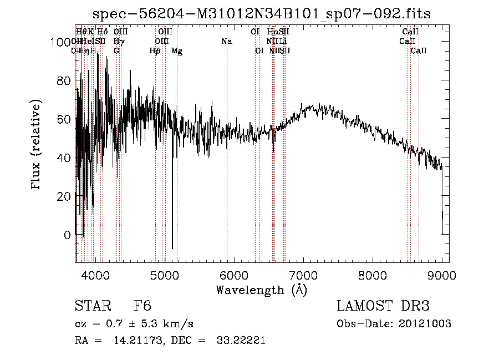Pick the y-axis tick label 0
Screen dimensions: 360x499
pos(67,235)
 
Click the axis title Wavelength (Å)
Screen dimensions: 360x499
pos(262,290)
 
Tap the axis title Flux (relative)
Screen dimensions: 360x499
pos(37,145)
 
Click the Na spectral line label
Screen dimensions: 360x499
pos(226,41)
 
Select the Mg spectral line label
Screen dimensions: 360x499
pos(177,51)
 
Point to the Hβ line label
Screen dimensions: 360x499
pos(155,51)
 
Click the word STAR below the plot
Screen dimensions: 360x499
pos(90,306)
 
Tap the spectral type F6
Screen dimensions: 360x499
pos(142,306)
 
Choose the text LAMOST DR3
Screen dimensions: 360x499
pos(383,306)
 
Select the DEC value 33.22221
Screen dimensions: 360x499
pos(240,341)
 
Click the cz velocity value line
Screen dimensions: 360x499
pos(134,324)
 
